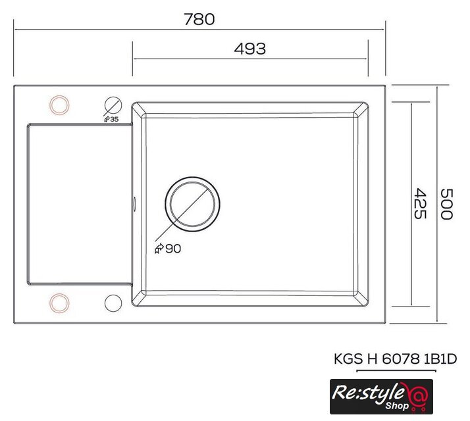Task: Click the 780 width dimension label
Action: click(199, 19)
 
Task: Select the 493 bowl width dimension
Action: click(250, 49)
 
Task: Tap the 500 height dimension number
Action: click(446, 205)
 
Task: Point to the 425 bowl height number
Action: click(420, 204)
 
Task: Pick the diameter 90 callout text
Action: click(168, 249)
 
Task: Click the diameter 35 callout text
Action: click(111, 119)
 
